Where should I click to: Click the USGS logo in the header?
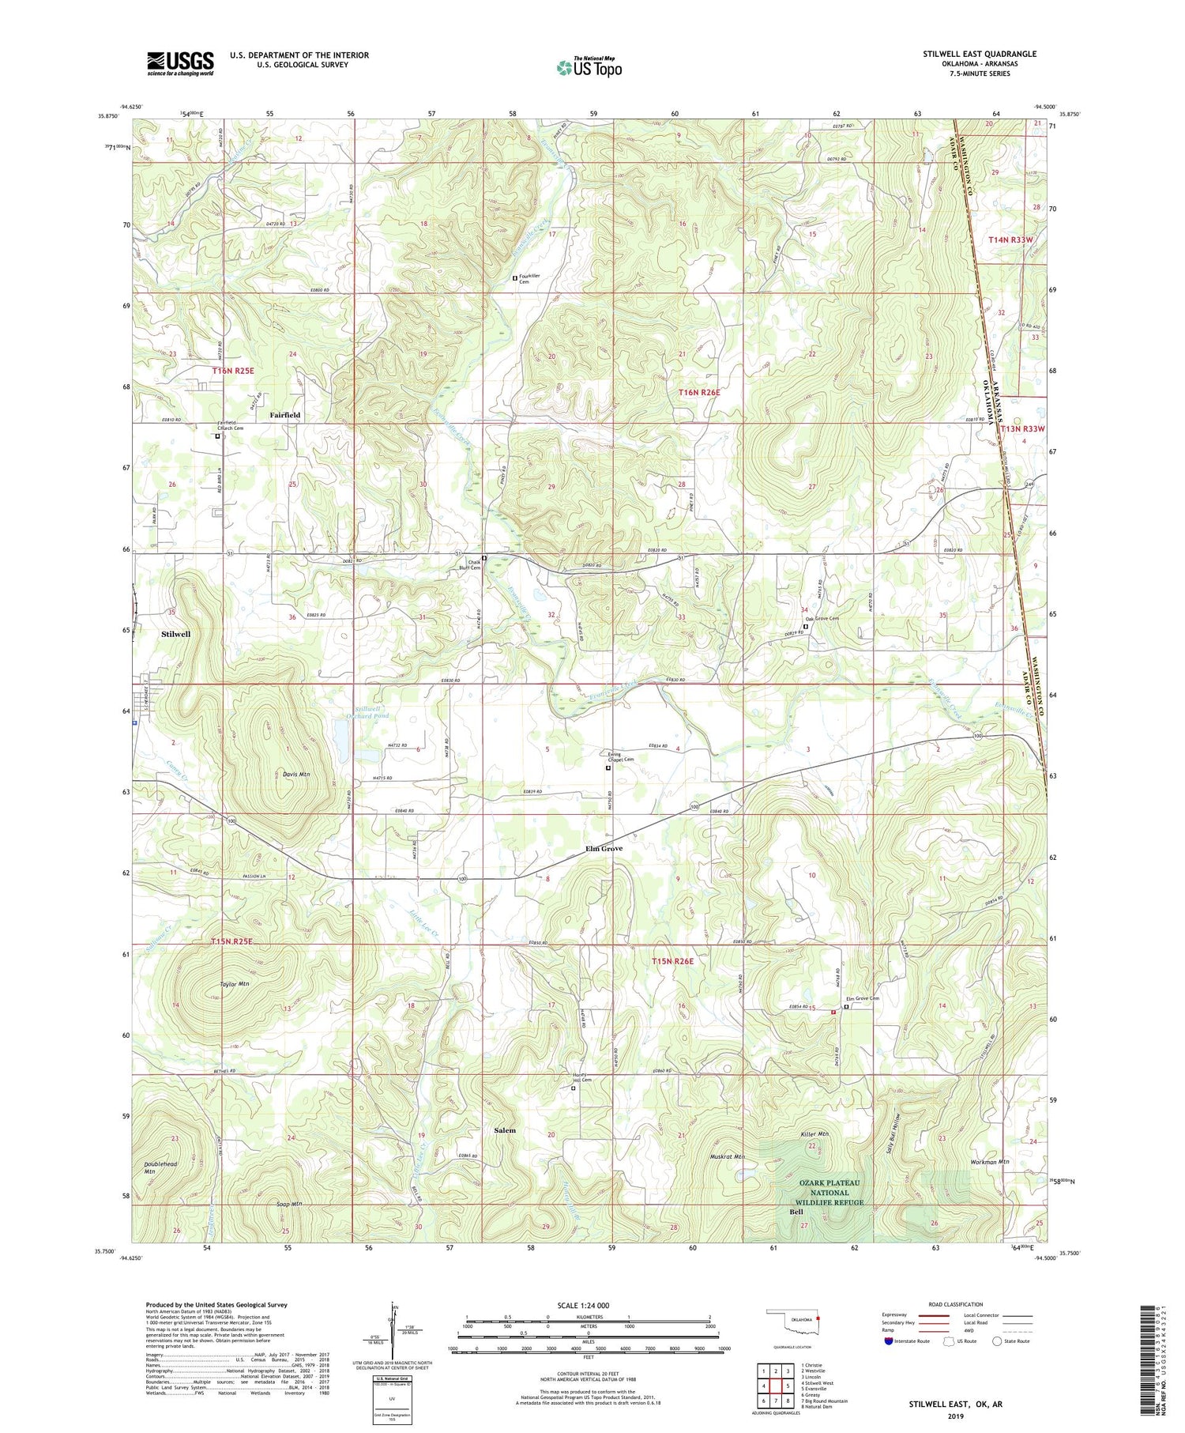[x=180, y=63]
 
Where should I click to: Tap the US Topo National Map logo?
[x=589, y=67]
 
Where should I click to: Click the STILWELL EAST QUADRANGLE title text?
[x=979, y=54]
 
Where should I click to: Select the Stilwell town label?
[x=175, y=634]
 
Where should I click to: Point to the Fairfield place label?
[x=285, y=415]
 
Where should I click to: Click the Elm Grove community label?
[x=604, y=848]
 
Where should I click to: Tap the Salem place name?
[x=505, y=1130]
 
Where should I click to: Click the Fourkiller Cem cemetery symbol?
[x=515, y=278]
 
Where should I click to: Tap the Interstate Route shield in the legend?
[x=888, y=1341]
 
